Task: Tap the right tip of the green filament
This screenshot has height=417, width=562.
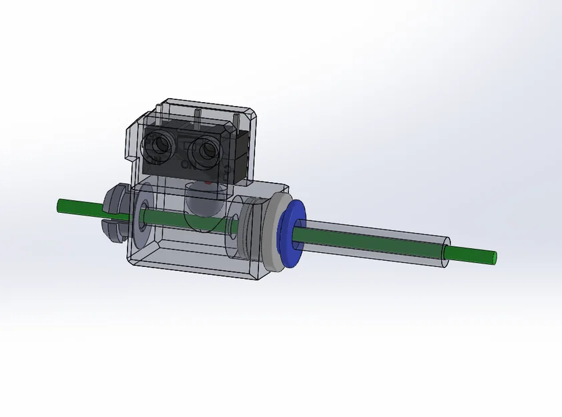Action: click(495, 256)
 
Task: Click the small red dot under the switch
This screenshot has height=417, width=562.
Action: click(209, 181)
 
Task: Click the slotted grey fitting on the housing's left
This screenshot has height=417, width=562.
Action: click(115, 212)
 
